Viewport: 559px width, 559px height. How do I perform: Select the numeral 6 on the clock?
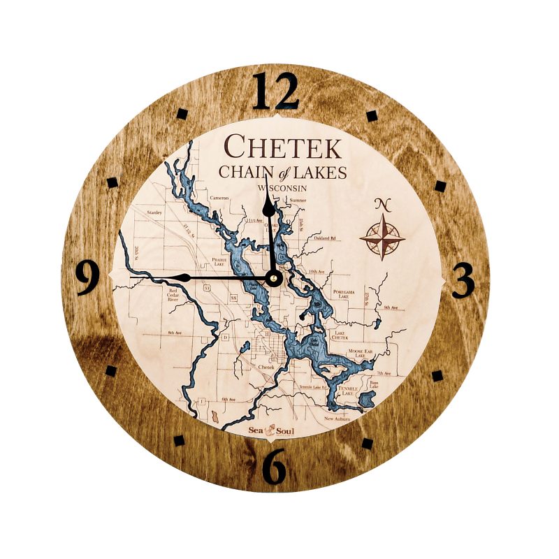(275, 467)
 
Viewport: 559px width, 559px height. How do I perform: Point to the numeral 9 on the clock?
(87, 277)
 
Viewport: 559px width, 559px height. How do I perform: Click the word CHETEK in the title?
(282, 148)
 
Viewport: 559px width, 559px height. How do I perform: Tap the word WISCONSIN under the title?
(282, 189)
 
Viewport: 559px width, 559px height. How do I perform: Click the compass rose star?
(382, 238)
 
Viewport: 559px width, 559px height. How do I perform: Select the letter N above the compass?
(382, 205)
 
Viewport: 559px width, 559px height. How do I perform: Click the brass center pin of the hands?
(273, 278)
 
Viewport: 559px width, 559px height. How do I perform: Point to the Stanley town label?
(154, 211)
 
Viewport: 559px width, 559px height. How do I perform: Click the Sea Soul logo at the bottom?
(272, 430)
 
